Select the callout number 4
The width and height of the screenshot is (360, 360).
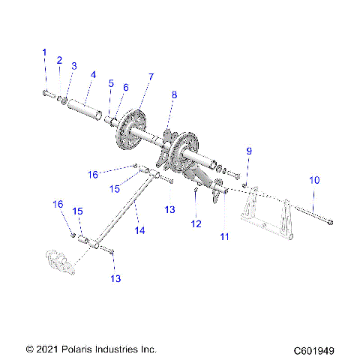point(93,75)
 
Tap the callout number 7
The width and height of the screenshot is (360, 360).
point(151,77)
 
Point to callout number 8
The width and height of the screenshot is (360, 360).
point(174,95)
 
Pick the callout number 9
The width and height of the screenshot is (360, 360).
point(249,152)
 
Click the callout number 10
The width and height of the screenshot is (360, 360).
point(314,180)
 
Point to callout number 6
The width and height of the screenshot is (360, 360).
point(125,88)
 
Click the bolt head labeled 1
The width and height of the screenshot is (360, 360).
point(44,94)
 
